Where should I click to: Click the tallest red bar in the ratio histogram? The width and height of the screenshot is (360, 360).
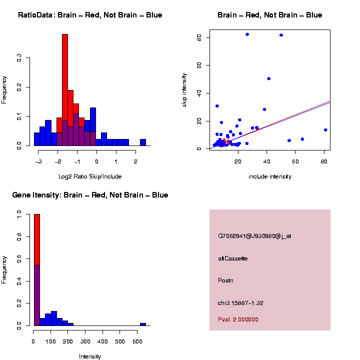point(65,90)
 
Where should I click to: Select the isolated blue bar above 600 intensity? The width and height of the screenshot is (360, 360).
point(143,324)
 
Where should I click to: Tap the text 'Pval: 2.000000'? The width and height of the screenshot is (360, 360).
point(238,319)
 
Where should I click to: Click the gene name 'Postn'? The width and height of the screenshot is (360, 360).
point(225,280)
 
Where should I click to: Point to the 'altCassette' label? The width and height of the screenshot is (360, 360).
point(232,258)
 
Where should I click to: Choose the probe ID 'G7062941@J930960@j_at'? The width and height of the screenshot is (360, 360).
point(254,236)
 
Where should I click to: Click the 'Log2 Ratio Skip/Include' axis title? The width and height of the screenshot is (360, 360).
point(91,176)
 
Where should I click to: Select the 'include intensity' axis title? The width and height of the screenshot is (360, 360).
point(270,176)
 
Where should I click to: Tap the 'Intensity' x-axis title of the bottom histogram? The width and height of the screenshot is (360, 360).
point(90,356)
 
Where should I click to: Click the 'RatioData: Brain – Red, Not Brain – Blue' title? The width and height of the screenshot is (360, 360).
point(90,15)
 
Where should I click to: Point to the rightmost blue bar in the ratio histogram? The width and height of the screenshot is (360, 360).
point(143,142)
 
